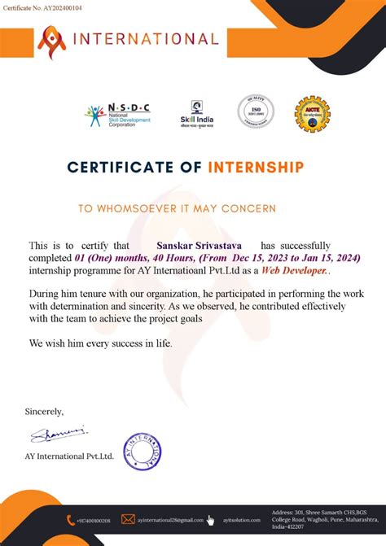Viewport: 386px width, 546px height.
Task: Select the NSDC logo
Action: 117,115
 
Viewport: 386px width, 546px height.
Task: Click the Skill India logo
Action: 196,113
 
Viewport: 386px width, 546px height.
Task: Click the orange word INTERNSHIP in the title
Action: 256,168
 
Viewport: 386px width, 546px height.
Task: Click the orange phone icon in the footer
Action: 72,519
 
